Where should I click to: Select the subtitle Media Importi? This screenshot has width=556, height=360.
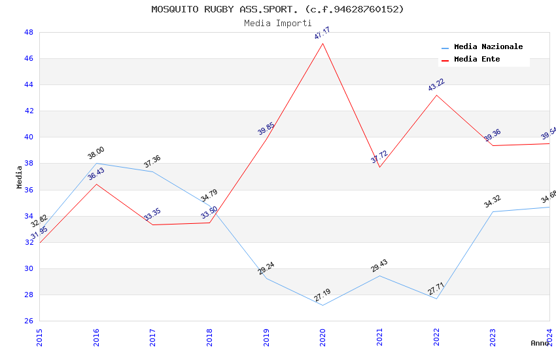pyautogui.click(x=277, y=23)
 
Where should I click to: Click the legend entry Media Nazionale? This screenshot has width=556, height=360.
pyautogui.click(x=488, y=47)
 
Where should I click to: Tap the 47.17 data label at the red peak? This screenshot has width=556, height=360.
pyautogui.click(x=322, y=33)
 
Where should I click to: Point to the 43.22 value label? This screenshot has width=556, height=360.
pyautogui.click(x=436, y=85)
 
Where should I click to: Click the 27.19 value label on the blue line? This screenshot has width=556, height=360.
pyautogui.click(x=322, y=295)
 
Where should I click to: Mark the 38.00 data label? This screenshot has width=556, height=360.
pyautogui.click(x=96, y=153)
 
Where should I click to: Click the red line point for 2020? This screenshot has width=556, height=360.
pyautogui.click(x=322, y=43)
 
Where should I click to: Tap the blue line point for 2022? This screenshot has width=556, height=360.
pyautogui.click(x=436, y=298)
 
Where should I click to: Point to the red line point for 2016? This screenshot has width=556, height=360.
pyautogui.click(x=96, y=184)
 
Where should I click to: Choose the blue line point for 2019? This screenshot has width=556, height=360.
pyautogui.click(x=266, y=278)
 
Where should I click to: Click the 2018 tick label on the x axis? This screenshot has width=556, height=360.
pyautogui.click(x=209, y=337)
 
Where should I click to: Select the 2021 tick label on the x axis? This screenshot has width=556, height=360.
pyautogui.click(x=379, y=337)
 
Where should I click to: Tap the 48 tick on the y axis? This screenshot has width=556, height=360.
pyautogui.click(x=29, y=32)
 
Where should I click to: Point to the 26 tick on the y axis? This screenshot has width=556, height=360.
pyautogui.click(x=29, y=321)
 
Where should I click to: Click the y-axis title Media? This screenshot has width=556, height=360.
pyautogui.click(x=20, y=177)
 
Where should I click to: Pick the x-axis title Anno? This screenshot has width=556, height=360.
pyautogui.click(x=540, y=343)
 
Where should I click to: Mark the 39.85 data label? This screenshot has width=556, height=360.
pyautogui.click(x=266, y=128)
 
